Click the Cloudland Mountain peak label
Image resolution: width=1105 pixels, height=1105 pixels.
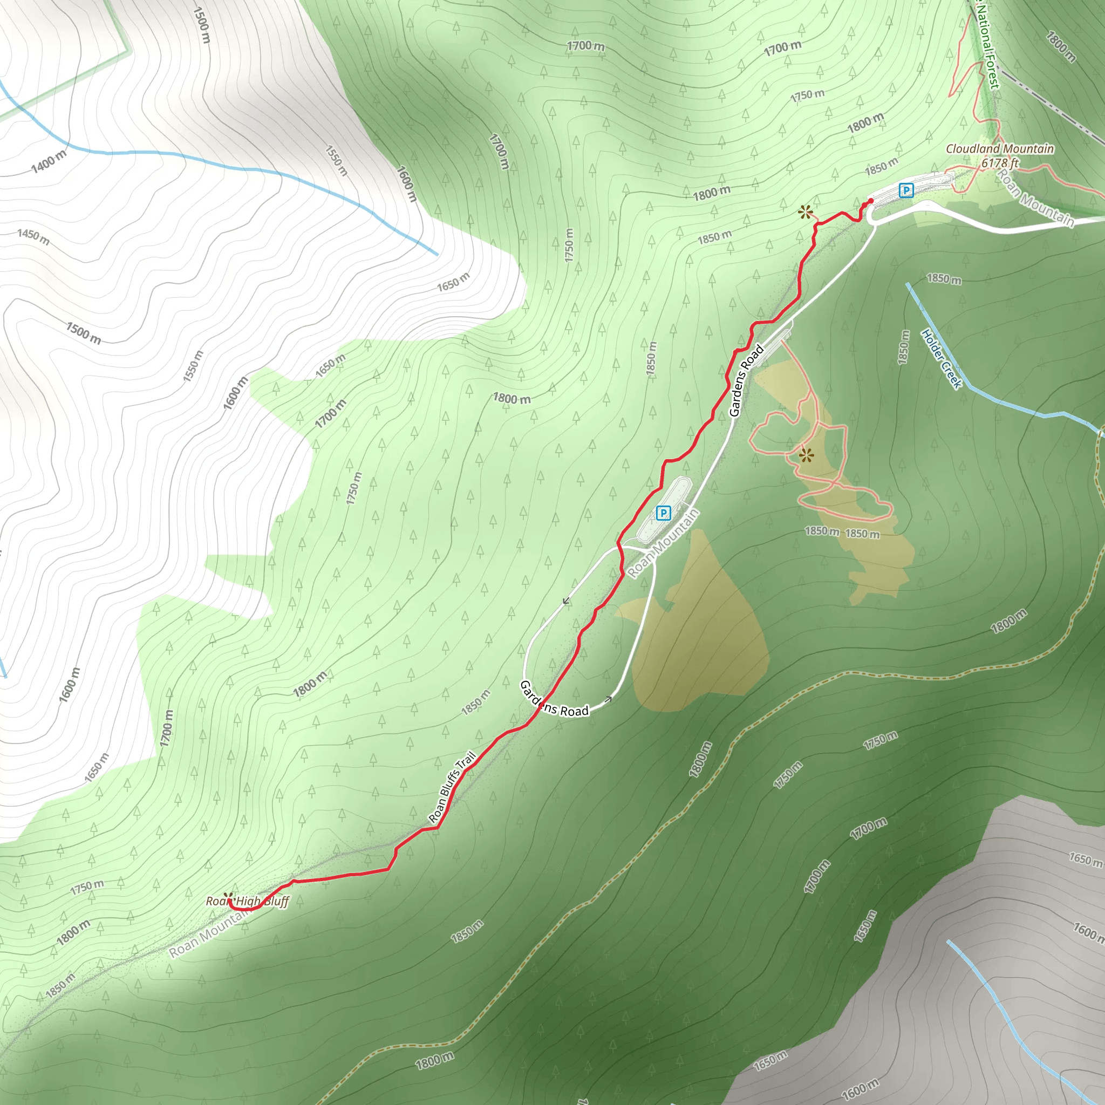[999, 149]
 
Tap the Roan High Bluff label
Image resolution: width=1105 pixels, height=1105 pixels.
[248, 902]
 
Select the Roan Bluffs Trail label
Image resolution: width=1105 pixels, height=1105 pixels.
[452, 788]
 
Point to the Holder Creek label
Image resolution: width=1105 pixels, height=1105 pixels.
[942, 359]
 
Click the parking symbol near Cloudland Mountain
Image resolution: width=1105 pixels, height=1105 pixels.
[906, 190]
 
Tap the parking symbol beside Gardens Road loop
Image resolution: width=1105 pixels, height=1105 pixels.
[663, 513]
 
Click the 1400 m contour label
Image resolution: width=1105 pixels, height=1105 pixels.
[49, 162]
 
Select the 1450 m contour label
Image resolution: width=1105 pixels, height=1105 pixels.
[33, 236]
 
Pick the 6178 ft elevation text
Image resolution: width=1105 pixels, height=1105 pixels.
[1000, 163]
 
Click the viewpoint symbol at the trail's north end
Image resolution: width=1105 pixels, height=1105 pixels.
[806, 213]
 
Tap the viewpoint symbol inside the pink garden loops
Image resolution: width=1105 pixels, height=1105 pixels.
[807, 456]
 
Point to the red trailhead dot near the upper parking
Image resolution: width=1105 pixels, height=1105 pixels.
[870, 201]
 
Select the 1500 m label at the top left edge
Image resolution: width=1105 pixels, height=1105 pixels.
[202, 25]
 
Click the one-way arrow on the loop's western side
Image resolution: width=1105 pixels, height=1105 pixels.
[566, 601]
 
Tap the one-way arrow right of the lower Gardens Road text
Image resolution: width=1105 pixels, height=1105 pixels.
[609, 699]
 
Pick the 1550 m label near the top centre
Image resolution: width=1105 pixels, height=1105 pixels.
[336, 161]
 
